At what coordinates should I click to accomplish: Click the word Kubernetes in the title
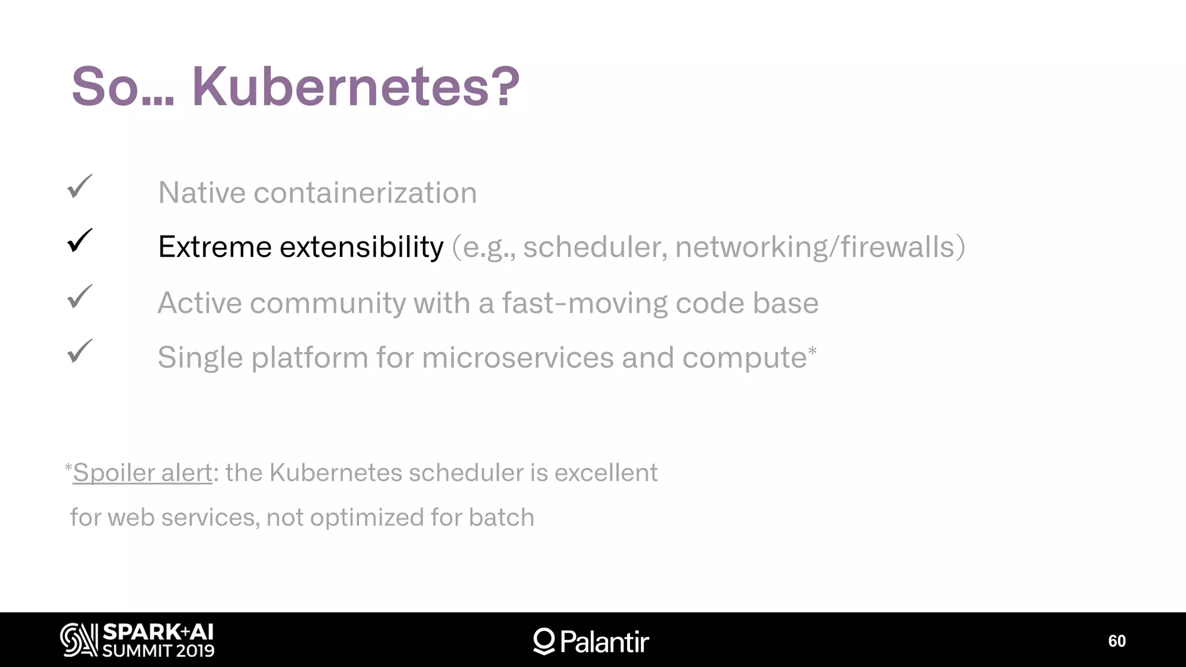coord(354,87)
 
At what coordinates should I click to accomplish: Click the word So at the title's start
coord(105,87)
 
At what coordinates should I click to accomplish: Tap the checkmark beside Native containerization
coord(80,187)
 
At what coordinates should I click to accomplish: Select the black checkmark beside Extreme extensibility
coord(80,241)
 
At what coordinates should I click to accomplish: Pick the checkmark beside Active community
coord(80,297)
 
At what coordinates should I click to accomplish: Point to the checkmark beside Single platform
coord(80,351)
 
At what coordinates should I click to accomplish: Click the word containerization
coord(365,193)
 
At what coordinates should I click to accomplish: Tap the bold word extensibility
coord(361,247)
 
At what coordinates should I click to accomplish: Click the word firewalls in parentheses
coord(897,247)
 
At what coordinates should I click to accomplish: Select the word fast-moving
coord(584,303)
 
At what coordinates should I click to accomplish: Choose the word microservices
coord(518,357)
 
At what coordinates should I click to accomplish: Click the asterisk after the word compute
coord(812,351)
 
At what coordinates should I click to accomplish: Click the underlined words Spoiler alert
coord(142,473)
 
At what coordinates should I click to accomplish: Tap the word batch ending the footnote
coord(502,518)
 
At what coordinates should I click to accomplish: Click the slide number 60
coord(1117,641)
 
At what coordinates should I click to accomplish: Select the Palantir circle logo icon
coord(544,641)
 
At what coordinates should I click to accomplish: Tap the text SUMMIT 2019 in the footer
coord(158,651)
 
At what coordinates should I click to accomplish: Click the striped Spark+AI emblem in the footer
coord(79,640)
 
